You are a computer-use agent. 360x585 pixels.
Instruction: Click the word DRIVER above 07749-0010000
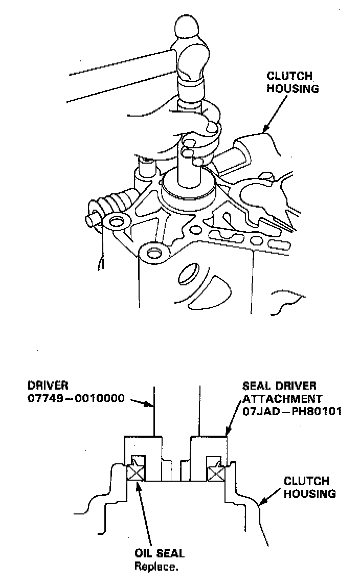coord(49,385)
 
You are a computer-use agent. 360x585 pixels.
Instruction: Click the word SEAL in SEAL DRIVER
coord(256,385)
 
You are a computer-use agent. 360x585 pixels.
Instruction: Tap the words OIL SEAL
coord(159,553)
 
